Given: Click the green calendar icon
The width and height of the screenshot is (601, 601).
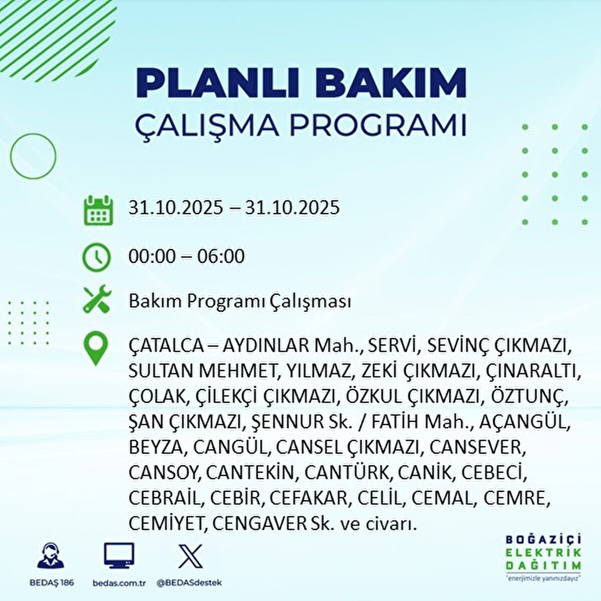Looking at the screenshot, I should [x=96, y=209].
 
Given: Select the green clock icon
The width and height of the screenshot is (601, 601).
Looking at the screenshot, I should [x=96, y=257].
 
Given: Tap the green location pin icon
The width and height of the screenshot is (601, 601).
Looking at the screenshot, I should [x=95, y=349].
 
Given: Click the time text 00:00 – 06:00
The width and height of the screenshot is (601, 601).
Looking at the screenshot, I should [x=186, y=256].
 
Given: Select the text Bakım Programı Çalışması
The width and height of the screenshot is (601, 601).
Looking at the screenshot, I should [x=240, y=302].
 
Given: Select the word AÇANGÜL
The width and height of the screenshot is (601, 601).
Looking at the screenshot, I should [x=524, y=422].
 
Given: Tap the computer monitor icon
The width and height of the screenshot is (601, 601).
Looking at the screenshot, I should [x=119, y=555].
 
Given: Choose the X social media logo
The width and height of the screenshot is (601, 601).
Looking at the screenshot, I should [x=190, y=555].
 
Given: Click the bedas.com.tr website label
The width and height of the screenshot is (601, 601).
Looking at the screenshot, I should [x=119, y=583].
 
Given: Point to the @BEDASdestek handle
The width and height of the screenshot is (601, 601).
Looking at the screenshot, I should [x=189, y=583].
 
